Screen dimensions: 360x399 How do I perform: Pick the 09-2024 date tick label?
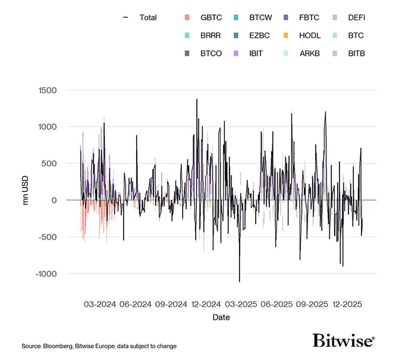171,304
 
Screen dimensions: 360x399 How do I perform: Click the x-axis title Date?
221,317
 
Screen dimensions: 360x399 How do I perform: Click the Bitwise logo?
343,340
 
